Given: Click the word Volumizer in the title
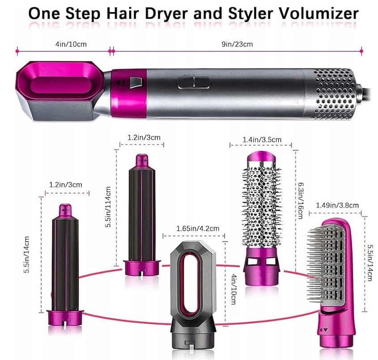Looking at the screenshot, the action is click(x=318, y=13).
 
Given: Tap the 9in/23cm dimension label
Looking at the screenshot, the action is click(x=237, y=44).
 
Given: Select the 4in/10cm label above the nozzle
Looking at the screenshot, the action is click(x=71, y=44).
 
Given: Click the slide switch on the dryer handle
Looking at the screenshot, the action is click(x=194, y=82).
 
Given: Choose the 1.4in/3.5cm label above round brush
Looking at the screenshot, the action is click(x=262, y=140).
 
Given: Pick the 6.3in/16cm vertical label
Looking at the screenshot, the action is click(x=301, y=200).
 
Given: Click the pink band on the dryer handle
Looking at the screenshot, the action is click(x=129, y=93).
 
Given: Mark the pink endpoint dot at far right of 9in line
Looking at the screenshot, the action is click(x=361, y=51).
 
